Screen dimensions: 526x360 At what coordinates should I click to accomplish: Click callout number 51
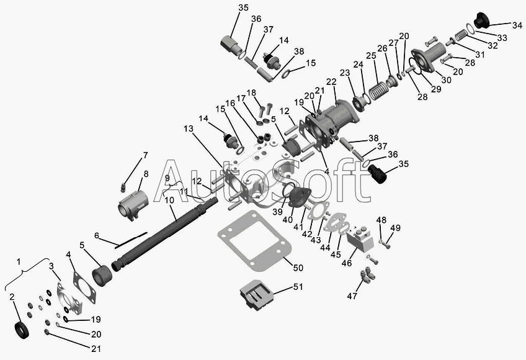pos(298,287)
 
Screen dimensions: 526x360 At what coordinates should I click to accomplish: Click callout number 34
pos(517,25)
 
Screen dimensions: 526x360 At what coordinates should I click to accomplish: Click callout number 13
pos(189,128)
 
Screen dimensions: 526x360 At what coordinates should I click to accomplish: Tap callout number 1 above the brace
pos(19,261)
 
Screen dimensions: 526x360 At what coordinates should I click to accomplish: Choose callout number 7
pos(145,155)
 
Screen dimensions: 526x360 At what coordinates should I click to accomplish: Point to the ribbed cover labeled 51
pos(256,294)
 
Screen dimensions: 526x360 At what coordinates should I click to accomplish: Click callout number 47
pos(352,296)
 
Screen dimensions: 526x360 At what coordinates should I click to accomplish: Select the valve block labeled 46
pos(360,240)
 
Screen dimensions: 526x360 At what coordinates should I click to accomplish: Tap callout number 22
pos(331,81)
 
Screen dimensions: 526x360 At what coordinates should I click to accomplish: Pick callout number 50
pos(298,268)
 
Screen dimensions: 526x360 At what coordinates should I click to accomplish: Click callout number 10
pos(169,200)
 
